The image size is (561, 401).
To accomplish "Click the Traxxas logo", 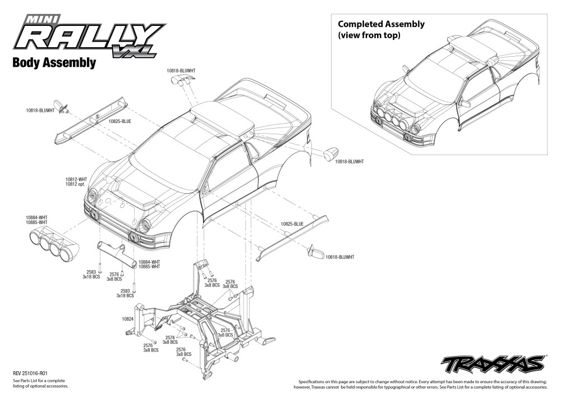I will [x=493, y=364].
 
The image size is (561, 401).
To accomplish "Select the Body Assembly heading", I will [x=54, y=63].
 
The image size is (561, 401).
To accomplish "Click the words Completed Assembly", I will [x=381, y=24].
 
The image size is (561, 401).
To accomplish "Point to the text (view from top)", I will [x=369, y=35].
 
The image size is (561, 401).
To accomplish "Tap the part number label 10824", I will [x=127, y=319].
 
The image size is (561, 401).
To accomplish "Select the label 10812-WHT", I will [x=76, y=179].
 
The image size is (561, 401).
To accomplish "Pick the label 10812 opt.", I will [x=76, y=184].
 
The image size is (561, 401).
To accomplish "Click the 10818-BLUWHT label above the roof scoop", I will [x=180, y=70].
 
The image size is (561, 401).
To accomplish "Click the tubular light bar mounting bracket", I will [x=118, y=253].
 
